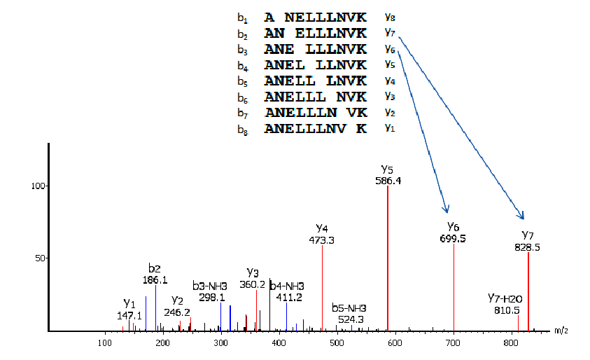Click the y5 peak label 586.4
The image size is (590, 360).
tap(387, 181)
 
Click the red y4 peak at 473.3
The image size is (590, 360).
tap(322, 287)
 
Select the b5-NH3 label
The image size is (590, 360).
tap(349, 308)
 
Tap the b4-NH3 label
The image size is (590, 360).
tap(287, 286)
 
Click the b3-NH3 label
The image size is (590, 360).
tap(209, 286)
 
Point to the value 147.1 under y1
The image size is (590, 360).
tap(129, 316)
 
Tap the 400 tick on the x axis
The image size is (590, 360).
tap(279, 342)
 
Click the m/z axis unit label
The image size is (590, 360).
tap(560, 330)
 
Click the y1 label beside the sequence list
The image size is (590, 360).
tap(390, 128)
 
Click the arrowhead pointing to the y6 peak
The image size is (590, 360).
tap(447, 209)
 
